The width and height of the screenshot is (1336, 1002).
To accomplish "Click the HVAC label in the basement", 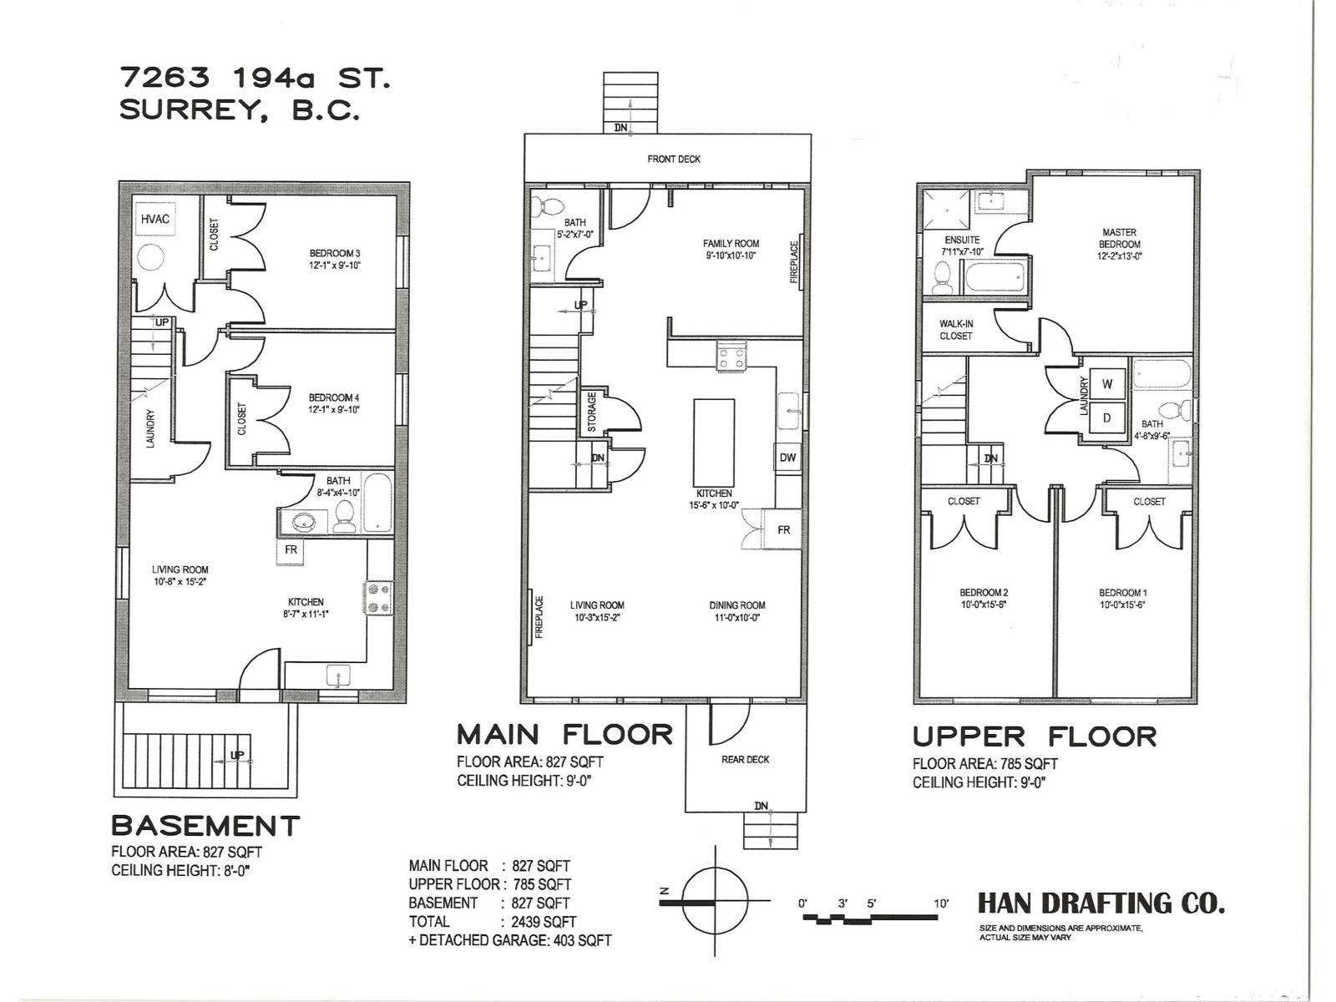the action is [155, 219].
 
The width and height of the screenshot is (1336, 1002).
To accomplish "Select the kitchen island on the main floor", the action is [714, 442].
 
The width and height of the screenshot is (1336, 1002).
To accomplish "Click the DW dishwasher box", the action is [787, 458].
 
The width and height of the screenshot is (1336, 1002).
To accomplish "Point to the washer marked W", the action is [1107, 384].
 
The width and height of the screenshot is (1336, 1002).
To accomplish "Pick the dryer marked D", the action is [1107, 417].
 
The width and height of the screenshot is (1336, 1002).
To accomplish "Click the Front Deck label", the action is [674, 159].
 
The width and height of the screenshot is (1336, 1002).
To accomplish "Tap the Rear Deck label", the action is [745, 759].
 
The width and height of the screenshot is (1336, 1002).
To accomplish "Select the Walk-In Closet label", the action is [955, 330].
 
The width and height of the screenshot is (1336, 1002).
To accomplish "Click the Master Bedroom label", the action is [1120, 238].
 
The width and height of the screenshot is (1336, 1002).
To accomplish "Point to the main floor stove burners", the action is [731, 356].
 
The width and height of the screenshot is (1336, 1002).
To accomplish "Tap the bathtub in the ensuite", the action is [994, 277].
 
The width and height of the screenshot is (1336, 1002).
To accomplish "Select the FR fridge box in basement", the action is [291, 550].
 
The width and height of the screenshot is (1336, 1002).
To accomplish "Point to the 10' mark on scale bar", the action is [941, 903].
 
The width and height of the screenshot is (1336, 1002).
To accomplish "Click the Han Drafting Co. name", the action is [1101, 903].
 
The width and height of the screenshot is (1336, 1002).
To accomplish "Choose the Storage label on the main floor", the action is [592, 412].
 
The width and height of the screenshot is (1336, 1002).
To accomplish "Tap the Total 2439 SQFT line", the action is [492, 922].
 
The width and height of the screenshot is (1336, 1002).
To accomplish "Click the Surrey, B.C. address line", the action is [239, 111].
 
